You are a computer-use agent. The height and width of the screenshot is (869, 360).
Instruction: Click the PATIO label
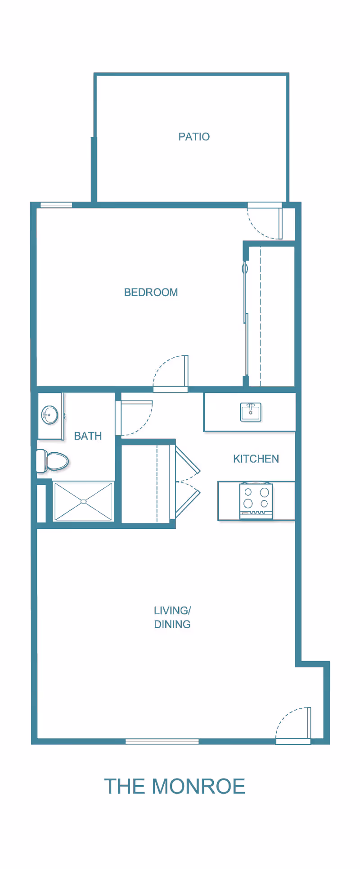[x=194, y=137]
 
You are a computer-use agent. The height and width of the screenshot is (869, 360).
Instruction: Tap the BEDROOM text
[x=151, y=293]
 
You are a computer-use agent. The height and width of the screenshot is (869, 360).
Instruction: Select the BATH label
[x=88, y=436]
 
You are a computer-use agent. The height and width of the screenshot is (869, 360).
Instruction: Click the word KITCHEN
[x=256, y=459]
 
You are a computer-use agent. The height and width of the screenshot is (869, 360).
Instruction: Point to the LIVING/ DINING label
[x=172, y=617]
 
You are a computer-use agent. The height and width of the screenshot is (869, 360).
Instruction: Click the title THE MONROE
[x=175, y=786]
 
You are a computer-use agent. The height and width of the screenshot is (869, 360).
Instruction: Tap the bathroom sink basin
[x=49, y=415]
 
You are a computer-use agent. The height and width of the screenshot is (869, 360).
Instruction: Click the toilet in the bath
[x=53, y=461]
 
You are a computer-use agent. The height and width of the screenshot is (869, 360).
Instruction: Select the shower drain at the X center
[x=83, y=501]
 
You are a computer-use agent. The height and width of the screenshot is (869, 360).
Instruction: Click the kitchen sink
[x=250, y=412]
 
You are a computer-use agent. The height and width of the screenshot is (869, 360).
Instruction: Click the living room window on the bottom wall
[x=162, y=741]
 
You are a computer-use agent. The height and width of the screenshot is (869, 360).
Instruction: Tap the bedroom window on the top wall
[x=56, y=205]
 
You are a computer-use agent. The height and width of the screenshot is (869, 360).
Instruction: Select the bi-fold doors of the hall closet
[x=187, y=482]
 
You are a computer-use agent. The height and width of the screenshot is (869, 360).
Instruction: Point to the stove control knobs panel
[x=256, y=513]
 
